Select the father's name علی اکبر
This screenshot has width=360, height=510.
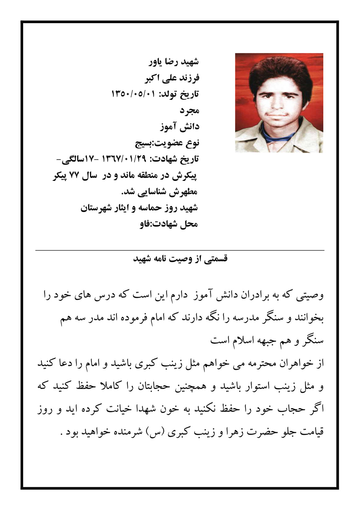pos(157,78)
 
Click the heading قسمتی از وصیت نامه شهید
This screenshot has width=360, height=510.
pos(180,259)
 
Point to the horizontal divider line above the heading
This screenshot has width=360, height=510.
pos(180,250)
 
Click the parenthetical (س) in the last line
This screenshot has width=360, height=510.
pos(154,431)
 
